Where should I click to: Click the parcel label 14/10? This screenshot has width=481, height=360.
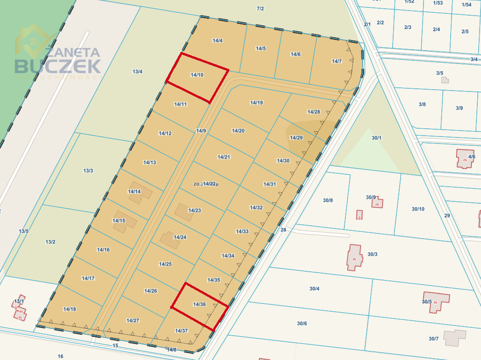[x=197, y=74]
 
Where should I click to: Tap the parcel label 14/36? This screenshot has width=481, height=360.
[x=199, y=304]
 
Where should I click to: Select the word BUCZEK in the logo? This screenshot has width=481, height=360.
[x=57, y=66]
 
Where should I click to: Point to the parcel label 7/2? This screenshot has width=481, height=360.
[x=260, y=8]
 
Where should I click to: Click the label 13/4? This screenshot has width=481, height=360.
[x=137, y=71]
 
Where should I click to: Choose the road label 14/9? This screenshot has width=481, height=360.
[x=201, y=131]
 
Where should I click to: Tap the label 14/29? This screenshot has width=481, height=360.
[x=296, y=137]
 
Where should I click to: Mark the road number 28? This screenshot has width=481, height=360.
[x=283, y=230]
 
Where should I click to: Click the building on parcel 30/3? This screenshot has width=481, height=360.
[x=355, y=257]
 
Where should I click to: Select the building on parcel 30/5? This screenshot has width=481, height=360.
[x=437, y=301]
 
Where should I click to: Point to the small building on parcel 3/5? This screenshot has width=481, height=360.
[x=445, y=80]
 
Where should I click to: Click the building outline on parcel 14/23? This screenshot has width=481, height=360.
[x=184, y=212]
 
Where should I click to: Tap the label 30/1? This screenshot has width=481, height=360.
[x=377, y=137]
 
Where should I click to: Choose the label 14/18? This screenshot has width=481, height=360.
[x=70, y=309]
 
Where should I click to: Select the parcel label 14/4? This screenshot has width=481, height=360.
[x=218, y=40]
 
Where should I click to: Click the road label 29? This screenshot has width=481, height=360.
[x=447, y=215]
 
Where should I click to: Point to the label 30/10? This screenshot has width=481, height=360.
[x=418, y=209]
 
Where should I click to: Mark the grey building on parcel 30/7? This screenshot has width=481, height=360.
[x=454, y=337]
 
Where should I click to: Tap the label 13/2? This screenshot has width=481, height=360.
[x=51, y=242]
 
